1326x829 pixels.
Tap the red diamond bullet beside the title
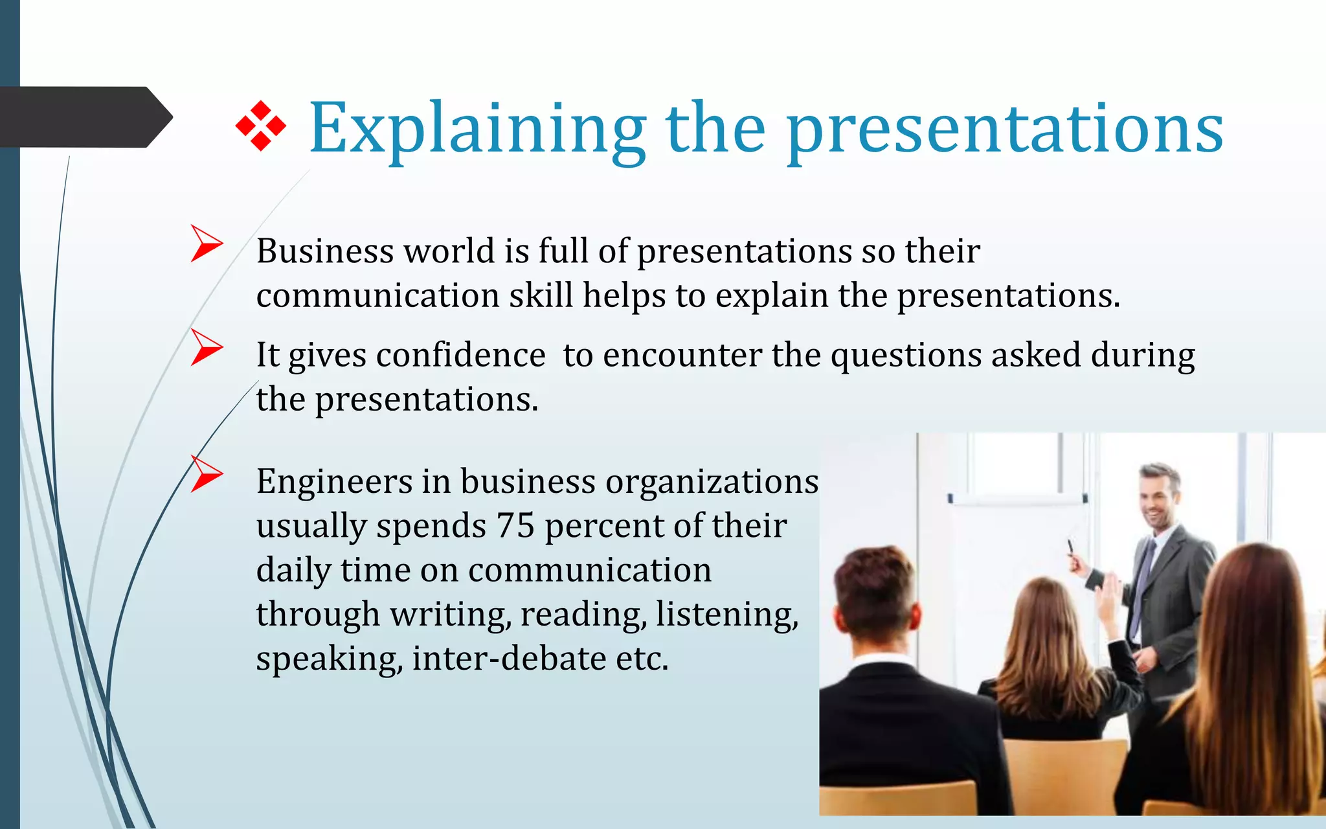[x=261, y=126]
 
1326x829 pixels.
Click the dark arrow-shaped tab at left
[x=84, y=117]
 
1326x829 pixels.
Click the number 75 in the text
[x=515, y=525]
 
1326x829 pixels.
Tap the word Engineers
[x=334, y=482]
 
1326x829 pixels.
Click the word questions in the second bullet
[x=906, y=355]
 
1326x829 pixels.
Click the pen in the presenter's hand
[x=1070, y=548]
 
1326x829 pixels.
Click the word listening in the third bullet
[x=726, y=614]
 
